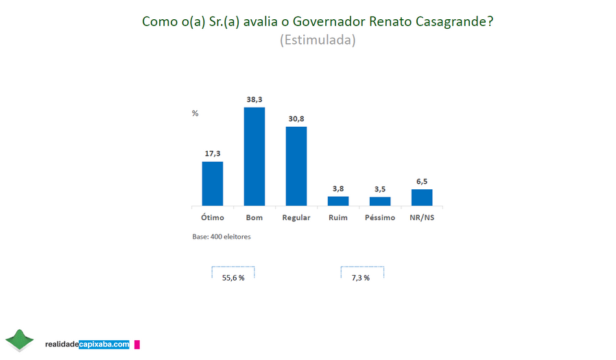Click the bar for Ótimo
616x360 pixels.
coord(212,183)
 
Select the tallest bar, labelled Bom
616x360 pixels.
coord(254,156)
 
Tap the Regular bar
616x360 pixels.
coord(296,166)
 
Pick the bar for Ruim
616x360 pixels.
coord(338,201)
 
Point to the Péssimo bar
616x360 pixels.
coord(380,201)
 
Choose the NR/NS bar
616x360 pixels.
coord(422,197)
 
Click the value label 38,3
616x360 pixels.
coord(254,99)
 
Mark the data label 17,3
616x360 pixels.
coord(213,154)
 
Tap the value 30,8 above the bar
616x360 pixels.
coord(296,119)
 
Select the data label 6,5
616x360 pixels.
coord(422,182)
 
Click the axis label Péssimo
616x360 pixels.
coord(380,218)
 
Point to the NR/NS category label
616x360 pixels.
coord(422,218)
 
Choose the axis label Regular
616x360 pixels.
coord(296,218)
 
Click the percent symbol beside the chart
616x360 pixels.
coord(195,113)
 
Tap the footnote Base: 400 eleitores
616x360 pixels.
coord(222,237)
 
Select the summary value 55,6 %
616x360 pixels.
coord(233,278)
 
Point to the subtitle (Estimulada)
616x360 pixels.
coord(317,40)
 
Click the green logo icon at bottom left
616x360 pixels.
coord(19,339)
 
